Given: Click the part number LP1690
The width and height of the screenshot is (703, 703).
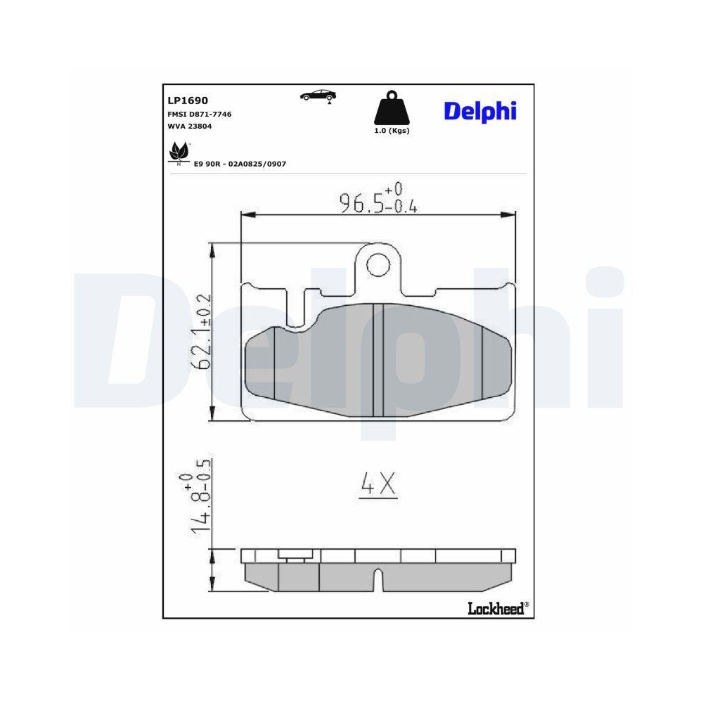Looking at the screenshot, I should [x=187, y=101].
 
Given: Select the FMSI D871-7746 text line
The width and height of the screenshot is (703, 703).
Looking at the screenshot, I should [x=200, y=114].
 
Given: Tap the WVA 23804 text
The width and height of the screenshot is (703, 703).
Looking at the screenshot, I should [x=189, y=127].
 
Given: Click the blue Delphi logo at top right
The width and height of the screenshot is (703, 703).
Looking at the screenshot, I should [x=480, y=110].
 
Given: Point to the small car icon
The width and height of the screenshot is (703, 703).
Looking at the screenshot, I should [x=318, y=96].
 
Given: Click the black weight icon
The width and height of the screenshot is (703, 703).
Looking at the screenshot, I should [x=391, y=109].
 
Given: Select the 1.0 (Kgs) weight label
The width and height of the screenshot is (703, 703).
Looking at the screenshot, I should [x=392, y=131].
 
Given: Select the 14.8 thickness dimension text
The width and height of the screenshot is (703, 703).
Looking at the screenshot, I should [x=198, y=500].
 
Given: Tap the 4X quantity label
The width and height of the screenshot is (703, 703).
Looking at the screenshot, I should [x=378, y=484].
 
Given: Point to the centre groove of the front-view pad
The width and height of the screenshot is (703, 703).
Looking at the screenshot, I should [x=378, y=362].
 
